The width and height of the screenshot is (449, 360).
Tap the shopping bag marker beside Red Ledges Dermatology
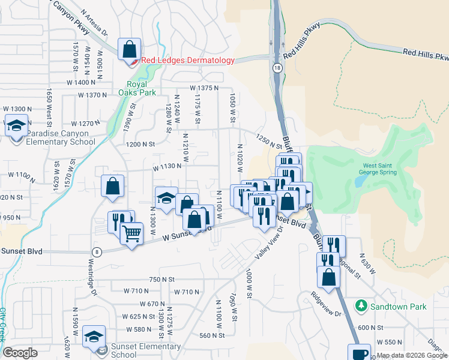[129, 49]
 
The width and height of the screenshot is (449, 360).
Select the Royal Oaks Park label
[140, 88]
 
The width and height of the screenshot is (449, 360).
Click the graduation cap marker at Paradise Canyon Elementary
[16, 127]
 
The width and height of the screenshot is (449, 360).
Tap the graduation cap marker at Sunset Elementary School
[94, 336]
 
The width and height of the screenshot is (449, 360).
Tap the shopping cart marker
[131, 233]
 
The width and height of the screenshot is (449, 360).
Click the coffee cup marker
[360, 353]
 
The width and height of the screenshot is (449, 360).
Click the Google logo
[20, 353]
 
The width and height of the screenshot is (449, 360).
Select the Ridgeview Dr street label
[326, 305]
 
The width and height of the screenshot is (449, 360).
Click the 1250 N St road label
[268, 142]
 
